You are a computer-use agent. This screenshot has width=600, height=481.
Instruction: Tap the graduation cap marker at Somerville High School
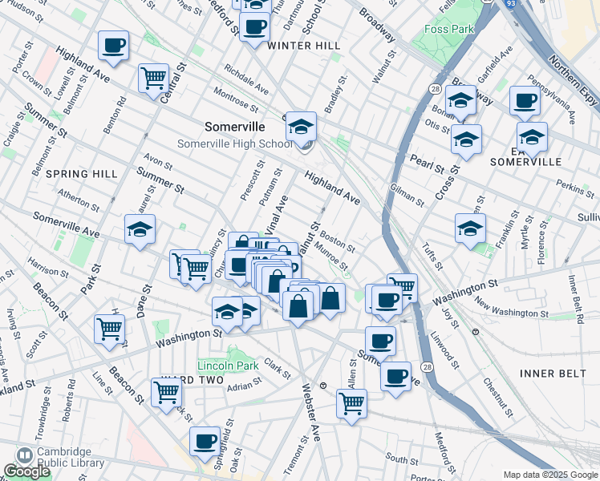[x=302, y=127]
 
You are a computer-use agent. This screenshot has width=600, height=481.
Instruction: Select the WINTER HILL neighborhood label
[x=304, y=46]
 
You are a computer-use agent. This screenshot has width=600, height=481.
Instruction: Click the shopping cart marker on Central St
[x=153, y=79]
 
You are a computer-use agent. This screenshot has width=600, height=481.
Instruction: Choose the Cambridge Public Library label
[x=71, y=457]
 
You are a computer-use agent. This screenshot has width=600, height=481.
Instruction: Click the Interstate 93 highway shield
[x=511, y=4]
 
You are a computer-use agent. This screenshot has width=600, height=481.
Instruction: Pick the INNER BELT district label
[x=553, y=373]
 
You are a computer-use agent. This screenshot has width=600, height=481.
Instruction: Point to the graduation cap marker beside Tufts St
[x=470, y=228]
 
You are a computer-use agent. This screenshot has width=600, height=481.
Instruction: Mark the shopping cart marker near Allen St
[x=351, y=404]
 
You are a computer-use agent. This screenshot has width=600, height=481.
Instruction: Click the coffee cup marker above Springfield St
[x=205, y=441]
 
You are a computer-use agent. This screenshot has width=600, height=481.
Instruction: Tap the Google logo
[x=26, y=471]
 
